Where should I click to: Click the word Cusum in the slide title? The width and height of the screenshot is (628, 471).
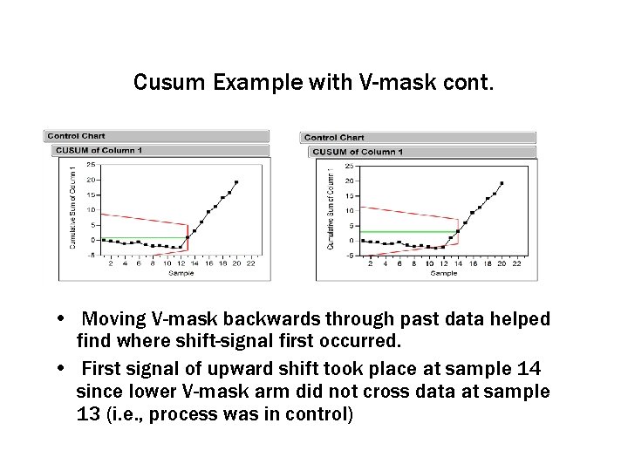pos(162,83)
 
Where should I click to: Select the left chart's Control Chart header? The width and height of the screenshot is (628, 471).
pos(76,136)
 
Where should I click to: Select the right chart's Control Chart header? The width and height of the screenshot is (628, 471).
pos(334,137)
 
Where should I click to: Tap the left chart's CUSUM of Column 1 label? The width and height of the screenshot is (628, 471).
pos(99,150)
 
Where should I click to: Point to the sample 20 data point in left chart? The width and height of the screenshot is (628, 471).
pos(236,182)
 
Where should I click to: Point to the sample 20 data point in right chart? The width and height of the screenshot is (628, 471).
pos(502,183)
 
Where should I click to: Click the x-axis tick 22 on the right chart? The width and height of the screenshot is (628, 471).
pos(516,263)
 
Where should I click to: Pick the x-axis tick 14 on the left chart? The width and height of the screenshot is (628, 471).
pos(194,263)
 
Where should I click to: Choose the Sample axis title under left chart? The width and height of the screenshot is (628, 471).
pos(181,273)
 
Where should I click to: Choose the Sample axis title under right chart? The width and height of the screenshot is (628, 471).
pos(443,274)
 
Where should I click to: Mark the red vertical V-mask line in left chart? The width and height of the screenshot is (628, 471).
pos(188,238)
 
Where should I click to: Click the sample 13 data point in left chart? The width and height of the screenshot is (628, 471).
pos(187,236)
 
